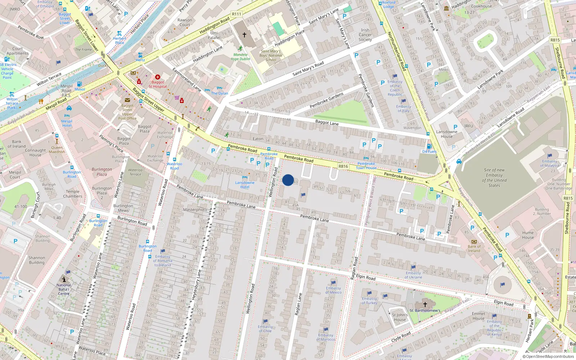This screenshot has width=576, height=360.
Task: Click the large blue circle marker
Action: [x=288, y=180]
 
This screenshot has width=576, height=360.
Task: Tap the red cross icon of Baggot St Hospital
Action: [x=157, y=77]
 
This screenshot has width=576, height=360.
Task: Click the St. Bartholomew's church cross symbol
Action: [x=425, y=305]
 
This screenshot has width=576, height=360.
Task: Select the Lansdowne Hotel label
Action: [x=245, y=185]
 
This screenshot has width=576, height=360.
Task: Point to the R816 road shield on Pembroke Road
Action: [x=343, y=166]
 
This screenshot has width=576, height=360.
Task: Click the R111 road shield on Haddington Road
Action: [x=237, y=14]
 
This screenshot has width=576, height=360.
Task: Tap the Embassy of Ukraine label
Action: [x=413, y=275]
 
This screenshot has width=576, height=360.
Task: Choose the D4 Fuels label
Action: [x=429, y=152]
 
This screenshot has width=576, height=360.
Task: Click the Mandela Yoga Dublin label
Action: [x=240, y=57]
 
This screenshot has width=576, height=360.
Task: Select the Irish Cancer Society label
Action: [x=365, y=35]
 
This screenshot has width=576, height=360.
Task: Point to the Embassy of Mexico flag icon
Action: [x=333, y=283]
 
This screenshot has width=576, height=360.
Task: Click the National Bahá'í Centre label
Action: [x=64, y=289]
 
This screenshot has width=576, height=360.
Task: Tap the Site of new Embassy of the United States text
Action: [x=494, y=178]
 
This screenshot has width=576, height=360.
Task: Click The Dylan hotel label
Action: [x=220, y=93]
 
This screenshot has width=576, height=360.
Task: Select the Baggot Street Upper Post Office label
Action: [x=127, y=112]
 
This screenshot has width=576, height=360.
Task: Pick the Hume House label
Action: [x=528, y=235]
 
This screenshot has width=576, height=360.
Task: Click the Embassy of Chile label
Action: [x=265, y=329]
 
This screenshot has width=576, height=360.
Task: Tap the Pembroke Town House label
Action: [x=366, y=166]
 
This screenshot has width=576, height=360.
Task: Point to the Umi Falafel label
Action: [x=214, y=35]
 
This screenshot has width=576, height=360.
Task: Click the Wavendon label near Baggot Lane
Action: [x=412, y=128]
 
